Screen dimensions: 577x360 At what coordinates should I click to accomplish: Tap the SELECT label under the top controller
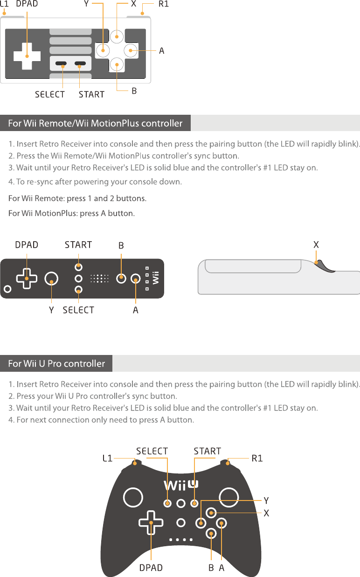coord(50,94)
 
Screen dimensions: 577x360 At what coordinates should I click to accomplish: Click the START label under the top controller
coord(91,94)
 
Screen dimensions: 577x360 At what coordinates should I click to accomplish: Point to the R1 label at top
coord(163,5)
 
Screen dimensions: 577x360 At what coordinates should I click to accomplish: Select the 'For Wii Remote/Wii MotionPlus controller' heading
coord(95,124)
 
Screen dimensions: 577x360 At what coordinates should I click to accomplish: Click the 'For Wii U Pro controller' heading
coord(56,363)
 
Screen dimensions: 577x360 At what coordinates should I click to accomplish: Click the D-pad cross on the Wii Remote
coord(27,278)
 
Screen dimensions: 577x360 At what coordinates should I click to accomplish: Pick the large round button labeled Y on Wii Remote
coord(52,279)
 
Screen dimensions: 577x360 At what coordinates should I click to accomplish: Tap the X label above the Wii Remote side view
coord(316,244)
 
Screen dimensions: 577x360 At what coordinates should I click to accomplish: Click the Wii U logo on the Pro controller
coord(180,485)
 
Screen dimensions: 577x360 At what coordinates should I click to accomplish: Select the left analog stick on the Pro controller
coord(132,497)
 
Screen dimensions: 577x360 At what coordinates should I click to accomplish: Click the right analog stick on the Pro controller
coord(229,497)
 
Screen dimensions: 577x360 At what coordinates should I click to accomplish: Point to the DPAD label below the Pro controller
coord(151,568)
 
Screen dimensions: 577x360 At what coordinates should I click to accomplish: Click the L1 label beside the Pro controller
coord(107,458)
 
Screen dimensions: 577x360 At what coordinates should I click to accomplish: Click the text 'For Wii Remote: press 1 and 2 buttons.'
coord(77,199)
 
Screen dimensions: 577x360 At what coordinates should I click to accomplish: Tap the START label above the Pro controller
coord(207,451)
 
